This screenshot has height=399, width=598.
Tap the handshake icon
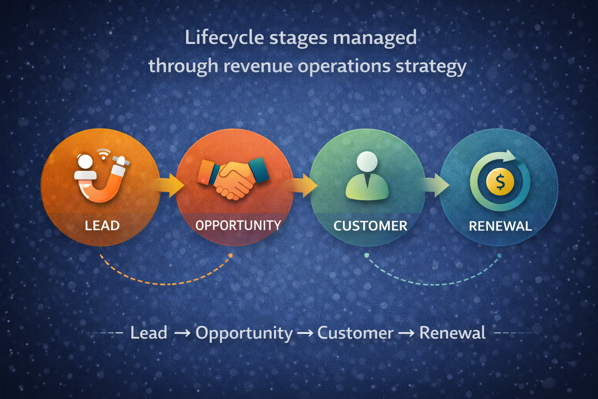pos(233,177)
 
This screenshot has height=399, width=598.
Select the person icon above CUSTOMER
pos(367,176)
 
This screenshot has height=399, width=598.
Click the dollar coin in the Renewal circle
pos(500,182)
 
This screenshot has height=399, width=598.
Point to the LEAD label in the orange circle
pos(102,226)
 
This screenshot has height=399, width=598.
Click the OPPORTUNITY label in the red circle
pos(238,225)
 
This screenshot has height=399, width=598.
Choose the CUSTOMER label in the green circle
pos(370,226)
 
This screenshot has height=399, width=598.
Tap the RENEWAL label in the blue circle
pos(500,226)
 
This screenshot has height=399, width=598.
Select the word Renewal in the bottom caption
pos(452,333)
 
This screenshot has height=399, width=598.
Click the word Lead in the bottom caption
pos(149,333)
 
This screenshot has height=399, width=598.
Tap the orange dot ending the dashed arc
pos(230,256)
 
